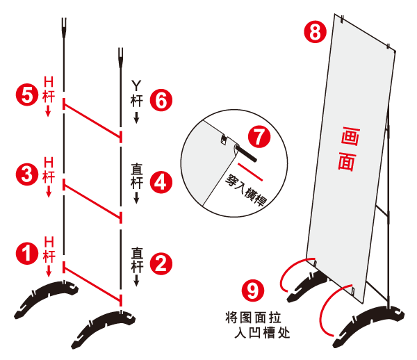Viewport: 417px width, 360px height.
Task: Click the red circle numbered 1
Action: click(x=27, y=253)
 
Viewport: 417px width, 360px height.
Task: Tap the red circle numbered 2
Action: click(x=161, y=264)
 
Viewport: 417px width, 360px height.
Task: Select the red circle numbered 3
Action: click(x=27, y=174)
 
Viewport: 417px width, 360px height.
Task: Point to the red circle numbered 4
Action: click(x=161, y=182)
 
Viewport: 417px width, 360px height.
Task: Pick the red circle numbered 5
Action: click(x=27, y=95)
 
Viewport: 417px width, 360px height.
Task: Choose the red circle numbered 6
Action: click(x=161, y=100)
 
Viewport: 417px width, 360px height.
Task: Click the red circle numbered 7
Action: click(x=259, y=137)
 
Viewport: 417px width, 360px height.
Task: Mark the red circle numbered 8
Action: click(x=316, y=32)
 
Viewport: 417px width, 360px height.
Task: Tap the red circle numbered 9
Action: click(x=253, y=291)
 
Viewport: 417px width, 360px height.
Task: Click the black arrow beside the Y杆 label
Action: click(x=136, y=117)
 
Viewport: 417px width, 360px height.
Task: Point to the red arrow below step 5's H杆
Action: click(x=48, y=111)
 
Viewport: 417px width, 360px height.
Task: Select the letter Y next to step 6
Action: click(x=136, y=85)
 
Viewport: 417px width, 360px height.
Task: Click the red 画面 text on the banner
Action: click(x=349, y=149)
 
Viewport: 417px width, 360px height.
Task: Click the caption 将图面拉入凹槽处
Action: click(x=257, y=325)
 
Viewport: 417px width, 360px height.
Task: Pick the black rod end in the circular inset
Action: click(x=246, y=153)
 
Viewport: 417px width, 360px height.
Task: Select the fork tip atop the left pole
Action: click(x=64, y=28)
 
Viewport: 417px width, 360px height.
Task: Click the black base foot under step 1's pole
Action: click(x=47, y=298)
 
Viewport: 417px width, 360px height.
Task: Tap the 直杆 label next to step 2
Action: click(x=137, y=261)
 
